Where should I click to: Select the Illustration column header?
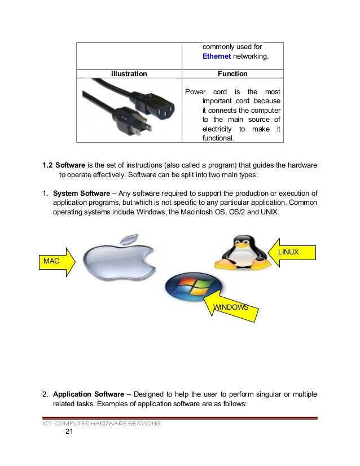tap(129, 73)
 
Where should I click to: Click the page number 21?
tap(69, 433)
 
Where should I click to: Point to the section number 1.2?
tap(48, 165)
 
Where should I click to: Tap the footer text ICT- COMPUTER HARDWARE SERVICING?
tap(95, 423)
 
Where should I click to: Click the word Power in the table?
tap(195, 92)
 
